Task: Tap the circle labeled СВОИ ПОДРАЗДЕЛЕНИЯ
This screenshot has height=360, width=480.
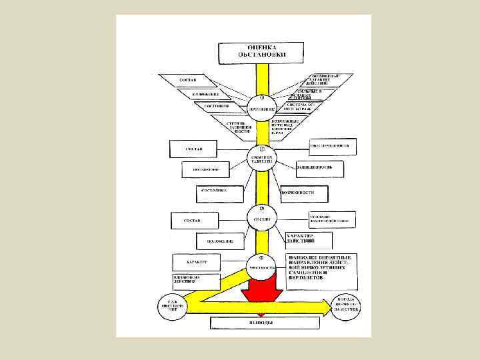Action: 261,158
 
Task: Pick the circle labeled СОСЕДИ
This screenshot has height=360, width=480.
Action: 261,218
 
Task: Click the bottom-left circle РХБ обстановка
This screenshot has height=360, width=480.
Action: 172,307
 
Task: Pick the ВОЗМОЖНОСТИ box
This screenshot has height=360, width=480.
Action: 305,194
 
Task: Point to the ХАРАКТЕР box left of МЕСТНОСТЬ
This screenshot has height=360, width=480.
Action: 199,262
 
